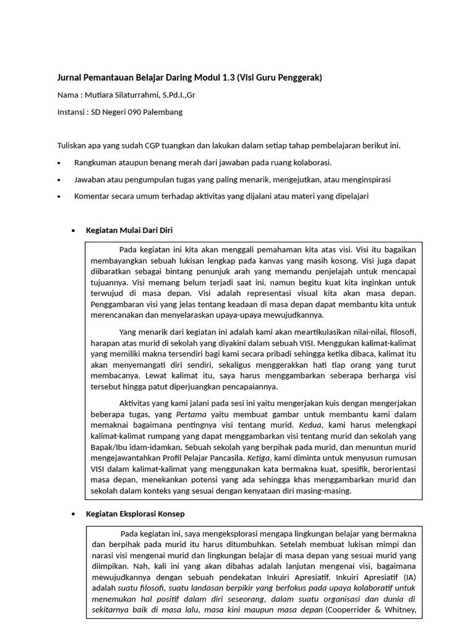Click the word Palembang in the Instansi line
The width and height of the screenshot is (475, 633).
tap(161, 112)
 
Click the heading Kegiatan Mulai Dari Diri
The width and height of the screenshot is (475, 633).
tap(129, 230)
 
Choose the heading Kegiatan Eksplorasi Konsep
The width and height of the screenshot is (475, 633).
tap(135, 514)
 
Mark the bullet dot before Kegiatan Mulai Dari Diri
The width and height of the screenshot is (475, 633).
tap(74, 231)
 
